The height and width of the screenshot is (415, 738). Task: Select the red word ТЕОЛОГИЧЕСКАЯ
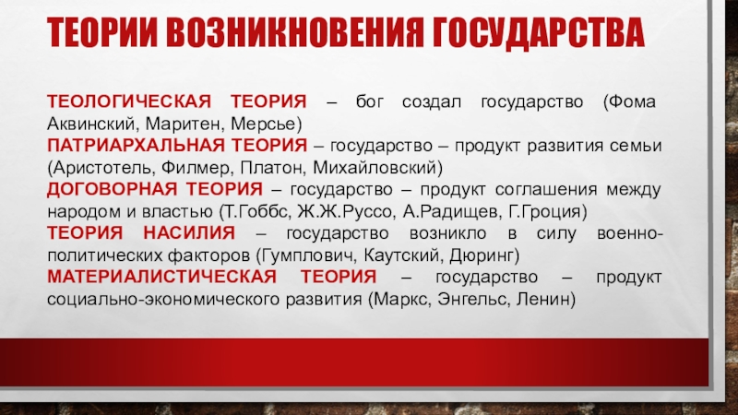[x=129, y=101]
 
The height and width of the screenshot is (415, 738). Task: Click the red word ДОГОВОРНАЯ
[x=112, y=189]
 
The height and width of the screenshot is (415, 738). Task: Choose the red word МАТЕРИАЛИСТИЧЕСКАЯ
[x=162, y=277]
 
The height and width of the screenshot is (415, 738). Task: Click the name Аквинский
[x=91, y=124]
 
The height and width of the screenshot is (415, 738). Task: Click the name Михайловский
[x=375, y=168]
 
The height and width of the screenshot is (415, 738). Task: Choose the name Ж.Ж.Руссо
[x=345, y=211]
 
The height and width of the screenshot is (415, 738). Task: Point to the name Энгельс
[x=473, y=299]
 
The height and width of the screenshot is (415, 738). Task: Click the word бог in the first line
[x=370, y=101]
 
